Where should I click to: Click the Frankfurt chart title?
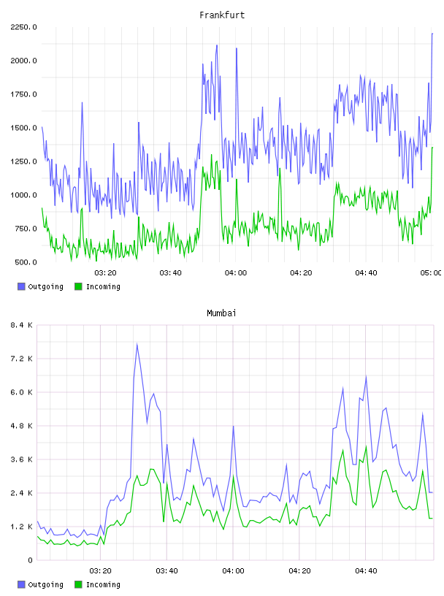pyautogui.click(x=222, y=15)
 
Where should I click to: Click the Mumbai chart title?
pyautogui.click(x=221, y=313)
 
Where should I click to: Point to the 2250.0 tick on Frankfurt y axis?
pyautogui.click(x=23, y=27)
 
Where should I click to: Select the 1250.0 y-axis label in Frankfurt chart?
pyautogui.click(x=23, y=161)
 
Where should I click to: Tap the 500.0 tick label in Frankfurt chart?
pyautogui.click(x=26, y=262)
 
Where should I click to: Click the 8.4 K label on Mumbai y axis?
pyautogui.click(x=22, y=325)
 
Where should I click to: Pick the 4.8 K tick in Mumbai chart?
pyautogui.click(x=22, y=426)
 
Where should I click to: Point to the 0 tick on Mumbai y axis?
pyautogui.click(x=30, y=560)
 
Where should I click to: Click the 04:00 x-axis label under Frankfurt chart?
pyautogui.click(x=236, y=273)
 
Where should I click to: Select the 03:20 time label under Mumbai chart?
pyautogui.click(x=100, y=571)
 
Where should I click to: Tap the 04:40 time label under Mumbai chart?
pyautogui.click(x=366, y=571)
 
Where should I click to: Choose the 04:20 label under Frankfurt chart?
pyautogui.click(x=301, y=273)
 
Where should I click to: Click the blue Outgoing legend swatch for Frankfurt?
pyautogui.click(x=21, y=286)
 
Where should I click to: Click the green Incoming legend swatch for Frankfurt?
pyautogui.click(x=78, y=286)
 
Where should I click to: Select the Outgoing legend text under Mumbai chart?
pyautogui.click(x=45, y=584)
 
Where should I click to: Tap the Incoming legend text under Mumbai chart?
pyautogui.click(x=103, y=584)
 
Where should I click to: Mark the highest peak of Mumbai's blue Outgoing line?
pyautogui.click(x=137, y=344)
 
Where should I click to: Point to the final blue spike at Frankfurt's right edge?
pyautogui.click(x=432, y=34)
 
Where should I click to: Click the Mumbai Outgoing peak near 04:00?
pyautogui.click(x=233, y=426)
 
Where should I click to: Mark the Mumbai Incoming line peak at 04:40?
pyautogui.click(x=366, y=446)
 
